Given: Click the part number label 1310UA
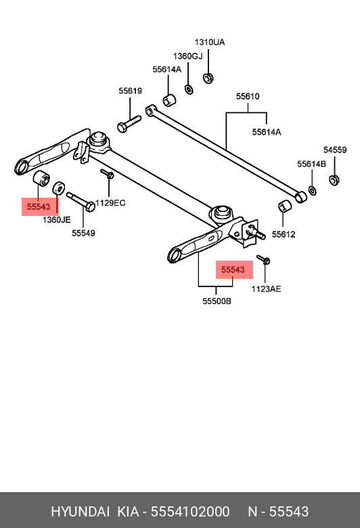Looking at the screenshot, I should tap(209, 42).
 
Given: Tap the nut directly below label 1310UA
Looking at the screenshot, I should tap(208, 77).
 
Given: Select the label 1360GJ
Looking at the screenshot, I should tap(187, 56).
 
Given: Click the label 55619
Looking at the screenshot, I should tap(130, 91).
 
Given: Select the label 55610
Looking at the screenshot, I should tap(247, 97).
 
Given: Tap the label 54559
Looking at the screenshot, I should tap(334, 150).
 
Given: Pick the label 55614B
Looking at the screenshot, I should tap(311, 164).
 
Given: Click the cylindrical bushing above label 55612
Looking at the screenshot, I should tap(285, 206).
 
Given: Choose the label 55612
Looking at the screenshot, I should tap(284, 234).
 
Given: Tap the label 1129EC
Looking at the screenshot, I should tap(111, 202).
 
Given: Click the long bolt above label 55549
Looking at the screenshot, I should tap(81, 202).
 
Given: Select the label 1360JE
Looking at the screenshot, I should tap(56, 220).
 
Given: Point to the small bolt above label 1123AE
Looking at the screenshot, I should tap(264, 259).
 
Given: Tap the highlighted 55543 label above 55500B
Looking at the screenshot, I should tap(233, 269).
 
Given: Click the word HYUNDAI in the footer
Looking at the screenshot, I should tap(79, 511).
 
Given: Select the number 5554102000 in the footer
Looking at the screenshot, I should tap(190, 511).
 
